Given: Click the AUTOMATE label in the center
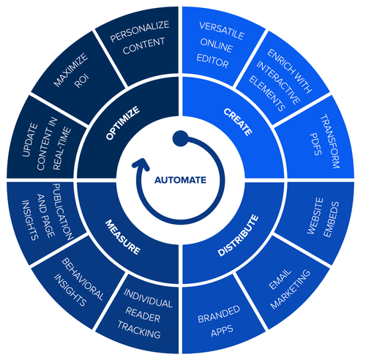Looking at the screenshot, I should [x=181, y=179].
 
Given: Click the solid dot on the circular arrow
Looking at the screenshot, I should [x=179, y=137].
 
